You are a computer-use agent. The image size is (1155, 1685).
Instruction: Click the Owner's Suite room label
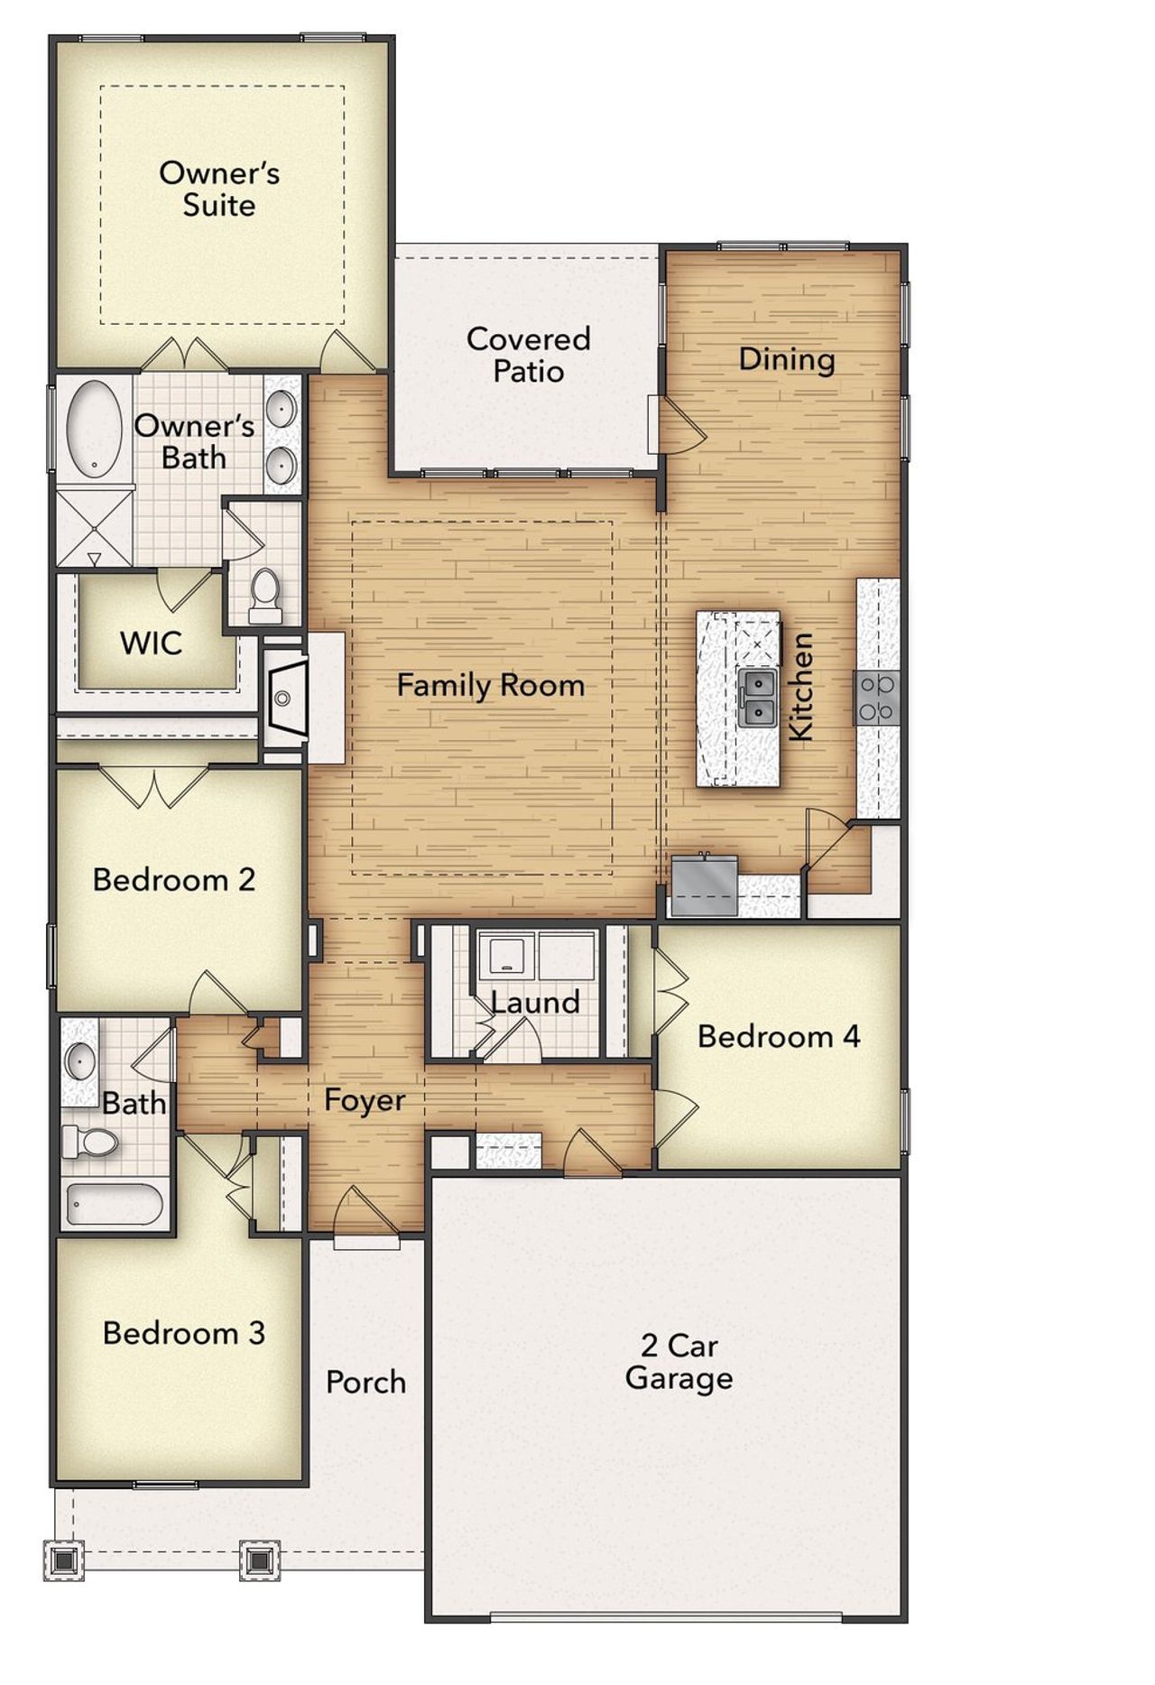click(x=219, y=189)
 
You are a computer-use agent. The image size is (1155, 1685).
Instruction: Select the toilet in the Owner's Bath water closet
click(x=264, y=595)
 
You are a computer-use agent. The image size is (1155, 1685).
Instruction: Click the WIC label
click(x=151, y=643)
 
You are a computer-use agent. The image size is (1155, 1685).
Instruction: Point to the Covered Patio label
click(x=528, y=355)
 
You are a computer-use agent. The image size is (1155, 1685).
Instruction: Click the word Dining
click(x=786, y=359)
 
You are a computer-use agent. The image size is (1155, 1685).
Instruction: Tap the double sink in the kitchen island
click(x=757, y=696)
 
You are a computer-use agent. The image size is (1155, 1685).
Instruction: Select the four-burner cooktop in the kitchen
click(x=877, y=698)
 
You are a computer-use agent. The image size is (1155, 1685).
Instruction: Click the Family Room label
click(x=490, y=685)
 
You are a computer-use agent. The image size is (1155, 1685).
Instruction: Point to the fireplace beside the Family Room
click(x=286, y=698)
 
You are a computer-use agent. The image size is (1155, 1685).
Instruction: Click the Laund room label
click(x=535, y=1002)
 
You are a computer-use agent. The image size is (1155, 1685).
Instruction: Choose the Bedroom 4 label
click(x=778, y=1036)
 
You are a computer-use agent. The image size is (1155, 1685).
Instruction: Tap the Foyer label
click(x=365, y=1100)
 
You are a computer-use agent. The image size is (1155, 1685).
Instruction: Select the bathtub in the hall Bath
click(x=115, y=1205)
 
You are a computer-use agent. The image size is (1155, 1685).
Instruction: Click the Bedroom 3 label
click(x=183, y=1333)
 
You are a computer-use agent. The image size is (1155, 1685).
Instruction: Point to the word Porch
click(x=365, y=1382)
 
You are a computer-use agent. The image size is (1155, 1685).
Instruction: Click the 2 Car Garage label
click(x=679, y=1362)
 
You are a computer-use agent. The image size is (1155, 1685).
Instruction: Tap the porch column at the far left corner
click(x=63, y=1559)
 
